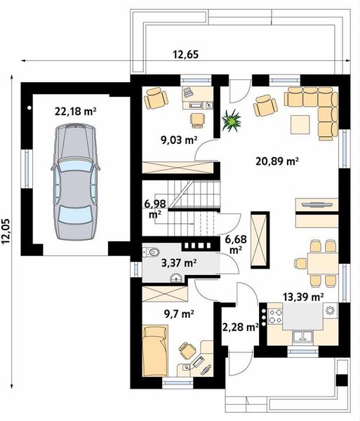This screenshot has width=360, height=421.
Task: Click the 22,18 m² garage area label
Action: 76,111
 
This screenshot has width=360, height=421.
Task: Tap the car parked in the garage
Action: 75,182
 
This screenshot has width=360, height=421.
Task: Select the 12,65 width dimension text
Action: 186,55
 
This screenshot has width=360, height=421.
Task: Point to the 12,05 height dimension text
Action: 6,232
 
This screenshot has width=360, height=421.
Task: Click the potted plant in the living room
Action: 231,121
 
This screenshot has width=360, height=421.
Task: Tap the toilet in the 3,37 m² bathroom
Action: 151,252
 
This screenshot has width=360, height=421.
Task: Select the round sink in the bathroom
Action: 176,278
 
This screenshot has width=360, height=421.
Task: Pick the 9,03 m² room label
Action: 179,140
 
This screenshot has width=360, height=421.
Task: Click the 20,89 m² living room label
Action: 277,161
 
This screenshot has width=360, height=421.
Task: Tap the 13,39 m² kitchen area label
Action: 303,297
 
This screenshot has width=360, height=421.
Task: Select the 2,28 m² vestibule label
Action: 241,327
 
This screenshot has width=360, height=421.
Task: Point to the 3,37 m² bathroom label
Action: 179,262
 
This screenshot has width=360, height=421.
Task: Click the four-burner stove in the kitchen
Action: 276,316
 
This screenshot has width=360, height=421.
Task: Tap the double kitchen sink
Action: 302,336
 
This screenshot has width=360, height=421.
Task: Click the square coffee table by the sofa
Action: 300,124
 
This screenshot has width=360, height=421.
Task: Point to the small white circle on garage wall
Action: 29,108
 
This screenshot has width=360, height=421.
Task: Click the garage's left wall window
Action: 27,168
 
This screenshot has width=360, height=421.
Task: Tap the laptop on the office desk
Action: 188,92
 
